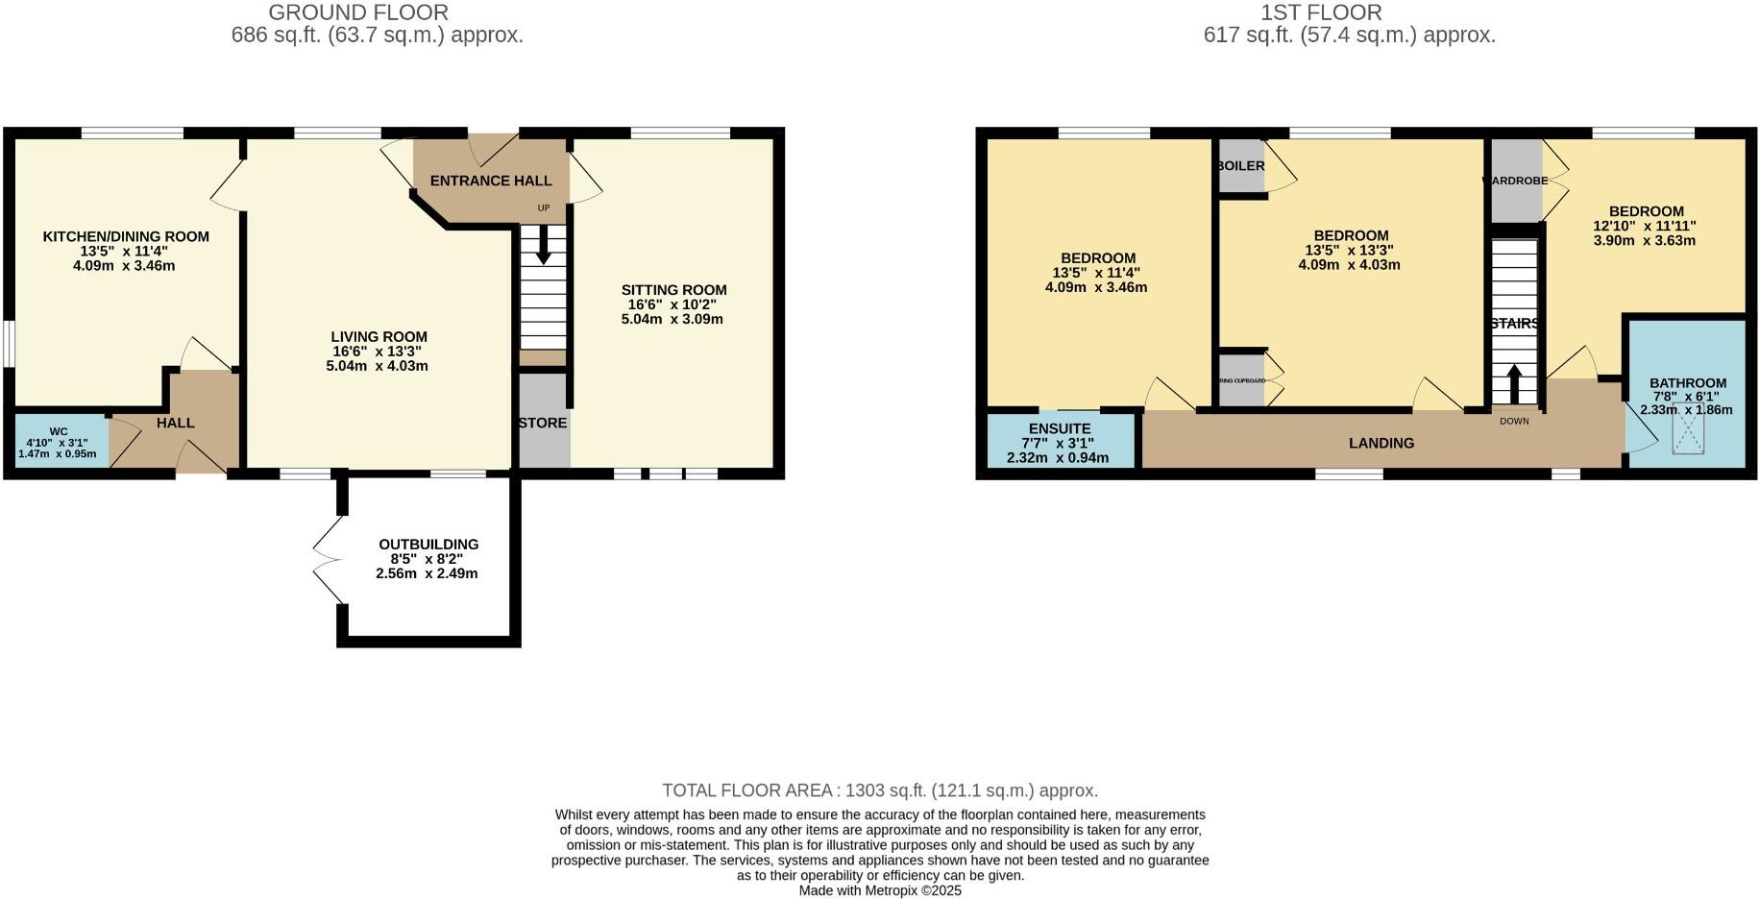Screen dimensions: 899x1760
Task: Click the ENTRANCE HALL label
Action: tap(490, 181)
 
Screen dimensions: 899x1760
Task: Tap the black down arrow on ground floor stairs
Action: tap(543, 246)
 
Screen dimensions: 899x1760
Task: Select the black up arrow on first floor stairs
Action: tap(1514, 383)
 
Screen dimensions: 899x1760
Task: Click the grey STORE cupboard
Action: tap(543, 423)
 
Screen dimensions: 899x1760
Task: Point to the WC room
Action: tap(59, 443)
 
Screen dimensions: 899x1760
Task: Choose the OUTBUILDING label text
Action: tap(428, 545)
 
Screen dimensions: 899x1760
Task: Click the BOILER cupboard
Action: tap(1240, 166)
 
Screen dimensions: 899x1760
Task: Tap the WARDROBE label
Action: tap(1515, 181)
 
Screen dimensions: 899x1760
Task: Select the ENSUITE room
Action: tap(1059, 442)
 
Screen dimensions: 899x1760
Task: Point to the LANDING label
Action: tap(1381, 444)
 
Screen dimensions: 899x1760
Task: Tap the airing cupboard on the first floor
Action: tap(1241, 380)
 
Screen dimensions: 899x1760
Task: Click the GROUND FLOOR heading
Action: tap(358, 12)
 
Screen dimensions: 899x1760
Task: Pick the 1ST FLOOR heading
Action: tap(1321, 12)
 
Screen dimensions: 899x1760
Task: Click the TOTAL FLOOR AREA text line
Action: tap(879, 790)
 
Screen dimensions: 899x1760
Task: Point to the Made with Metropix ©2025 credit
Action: tap(879, 890)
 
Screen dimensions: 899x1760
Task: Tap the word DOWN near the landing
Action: tap(1514, 421)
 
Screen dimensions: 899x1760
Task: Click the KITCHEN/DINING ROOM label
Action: tap(126, 236)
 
